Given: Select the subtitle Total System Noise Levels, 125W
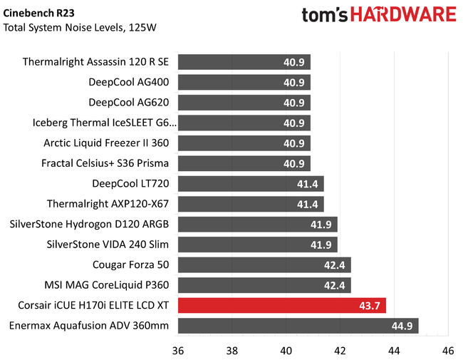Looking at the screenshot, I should [79, 28].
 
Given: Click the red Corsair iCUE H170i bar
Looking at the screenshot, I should [281, 306].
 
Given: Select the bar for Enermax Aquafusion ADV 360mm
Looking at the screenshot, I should [298, 326].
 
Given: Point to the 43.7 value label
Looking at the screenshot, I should [368, 307].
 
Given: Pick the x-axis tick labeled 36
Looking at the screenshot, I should [178, 350].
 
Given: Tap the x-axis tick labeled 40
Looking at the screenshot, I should [286, 350].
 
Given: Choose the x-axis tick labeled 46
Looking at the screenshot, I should [448, 350].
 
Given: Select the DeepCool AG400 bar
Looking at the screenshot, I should [244, 82].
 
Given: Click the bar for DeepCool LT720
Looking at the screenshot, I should [251, 184].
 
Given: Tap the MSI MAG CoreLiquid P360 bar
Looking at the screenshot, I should [264, 286].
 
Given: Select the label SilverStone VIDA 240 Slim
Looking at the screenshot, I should [108, 245].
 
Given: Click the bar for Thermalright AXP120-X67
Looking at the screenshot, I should [251, 205].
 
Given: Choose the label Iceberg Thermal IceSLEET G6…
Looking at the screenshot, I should [104, 123].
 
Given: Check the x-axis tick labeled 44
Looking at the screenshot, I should [394, 350].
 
